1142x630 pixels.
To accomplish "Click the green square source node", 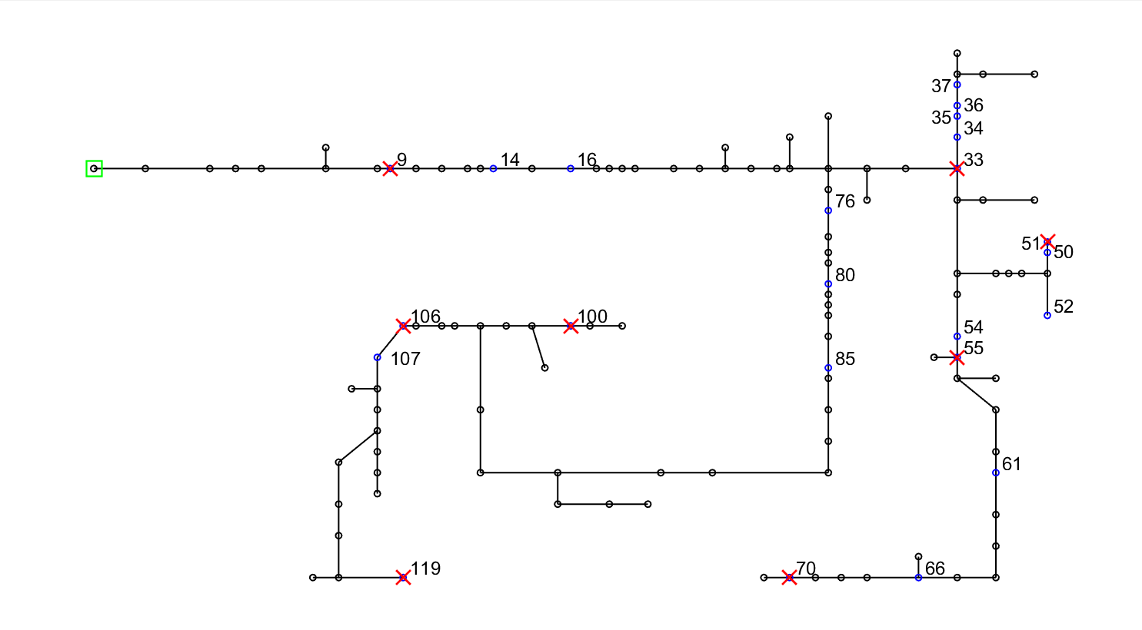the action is [94, 168].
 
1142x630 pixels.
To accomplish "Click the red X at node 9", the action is [390, 168].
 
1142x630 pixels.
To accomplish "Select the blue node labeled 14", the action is [493, 168].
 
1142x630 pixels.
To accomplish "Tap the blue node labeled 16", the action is [571, 168].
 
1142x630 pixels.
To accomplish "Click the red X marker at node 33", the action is [957, 168].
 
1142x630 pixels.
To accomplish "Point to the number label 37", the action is [941, 87].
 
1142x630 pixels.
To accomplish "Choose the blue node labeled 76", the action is [828, 211].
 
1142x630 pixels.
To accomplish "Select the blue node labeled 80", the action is [828, 284].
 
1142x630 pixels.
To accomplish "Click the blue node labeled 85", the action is [828, 368].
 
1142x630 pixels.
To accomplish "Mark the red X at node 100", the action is [571, 326].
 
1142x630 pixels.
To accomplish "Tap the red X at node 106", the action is [403, 326].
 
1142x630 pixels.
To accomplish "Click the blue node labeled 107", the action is [378, 357].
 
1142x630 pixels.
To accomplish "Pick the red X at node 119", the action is [403, 577].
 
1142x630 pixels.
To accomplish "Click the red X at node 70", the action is [789, 577].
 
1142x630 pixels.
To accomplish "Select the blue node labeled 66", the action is [918, 577].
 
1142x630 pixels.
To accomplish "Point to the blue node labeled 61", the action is [996, 472].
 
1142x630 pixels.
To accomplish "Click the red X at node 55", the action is [957, 357].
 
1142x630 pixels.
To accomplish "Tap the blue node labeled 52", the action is [1047, 315].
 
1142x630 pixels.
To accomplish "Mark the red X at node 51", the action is [1047, 242].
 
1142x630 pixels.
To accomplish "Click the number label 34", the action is [974, 128].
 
